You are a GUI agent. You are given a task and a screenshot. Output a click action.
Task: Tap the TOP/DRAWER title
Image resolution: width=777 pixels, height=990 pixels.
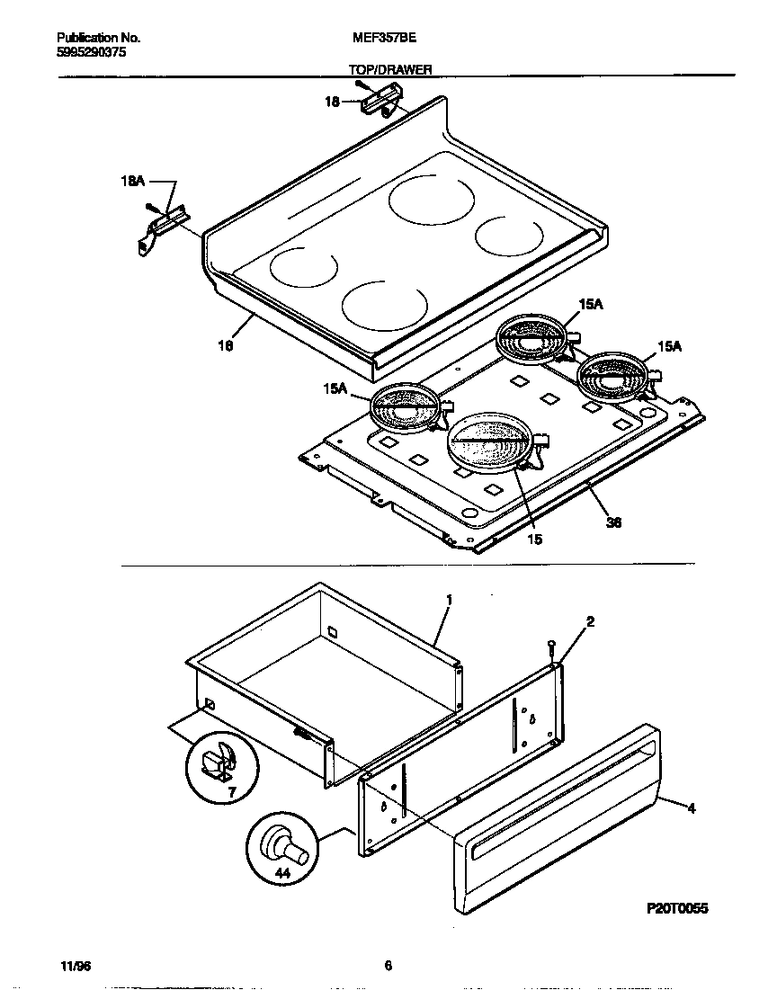click(389, 68)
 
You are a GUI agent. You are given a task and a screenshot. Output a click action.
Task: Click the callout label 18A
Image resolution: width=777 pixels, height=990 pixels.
click(131, 181)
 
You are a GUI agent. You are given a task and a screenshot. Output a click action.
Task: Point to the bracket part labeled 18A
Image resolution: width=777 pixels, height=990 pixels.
click(159, 227)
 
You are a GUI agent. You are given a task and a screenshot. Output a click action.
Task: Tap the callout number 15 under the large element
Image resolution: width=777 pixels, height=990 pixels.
click(534, 540)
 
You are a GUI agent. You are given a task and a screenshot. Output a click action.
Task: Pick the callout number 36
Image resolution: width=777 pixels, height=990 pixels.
click(614, 522)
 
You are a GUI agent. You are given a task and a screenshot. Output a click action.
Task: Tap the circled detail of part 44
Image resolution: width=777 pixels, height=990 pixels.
click(281, 849)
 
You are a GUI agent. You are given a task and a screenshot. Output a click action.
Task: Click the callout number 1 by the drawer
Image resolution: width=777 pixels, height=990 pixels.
click(448, 599)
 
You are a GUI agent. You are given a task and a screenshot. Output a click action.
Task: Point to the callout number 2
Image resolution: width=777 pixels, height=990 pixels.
click(590, 621)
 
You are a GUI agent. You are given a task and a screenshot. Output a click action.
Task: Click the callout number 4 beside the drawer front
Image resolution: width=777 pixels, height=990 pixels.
click(691, 808)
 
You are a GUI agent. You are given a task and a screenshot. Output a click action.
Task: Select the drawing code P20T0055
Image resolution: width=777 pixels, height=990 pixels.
click(677, 909)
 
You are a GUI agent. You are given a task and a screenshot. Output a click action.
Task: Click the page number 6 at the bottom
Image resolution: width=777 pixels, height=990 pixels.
click(388, 966)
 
